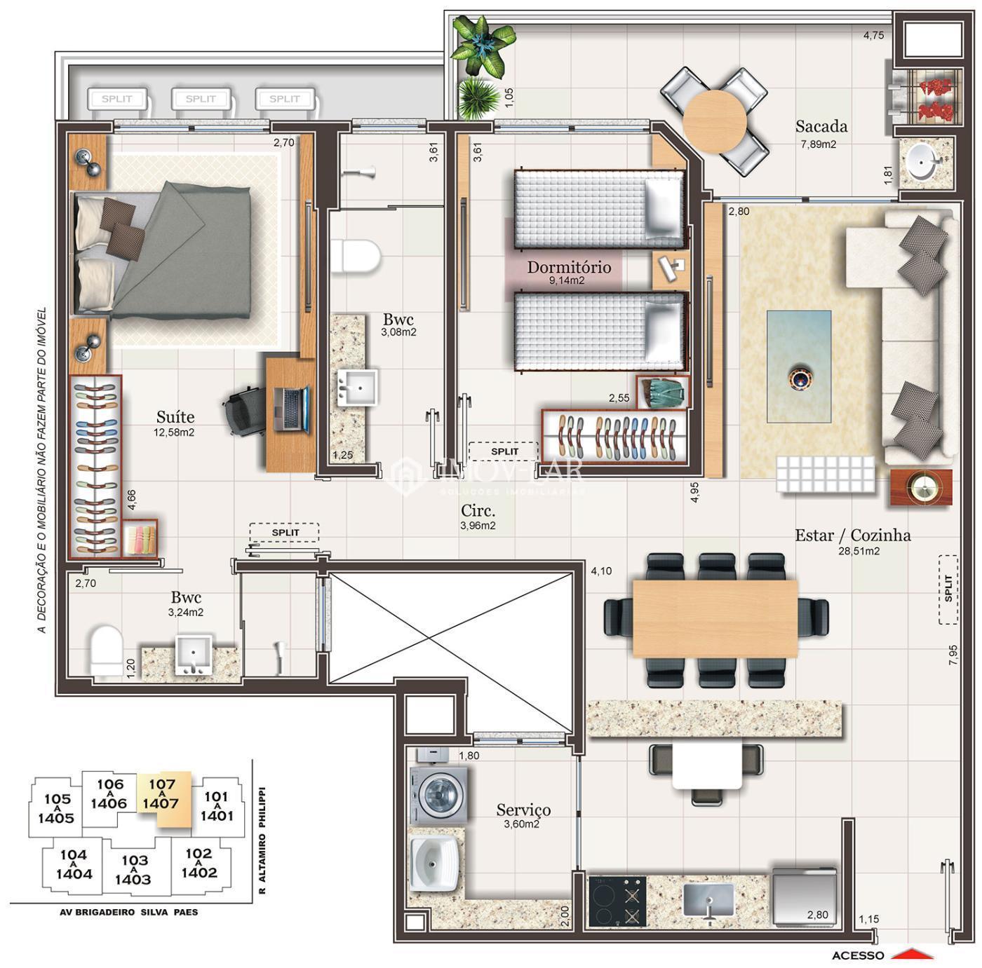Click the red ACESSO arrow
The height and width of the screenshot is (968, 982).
pyautogui.click(x=915, y=954)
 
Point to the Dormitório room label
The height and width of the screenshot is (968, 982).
pyautogui.click(x=569, y=267)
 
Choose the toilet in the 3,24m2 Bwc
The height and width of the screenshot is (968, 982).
pyautogui.click(x=106, y=653)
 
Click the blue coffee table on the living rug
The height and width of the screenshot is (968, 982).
pyautogui.click(x=799, y=367)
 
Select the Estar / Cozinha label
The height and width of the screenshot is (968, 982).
pyautogui.click(x=852, y=535)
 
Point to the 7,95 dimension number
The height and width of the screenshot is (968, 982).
pyautogui.click(x=953, y=655)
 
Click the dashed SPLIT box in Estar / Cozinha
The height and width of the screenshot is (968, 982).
pyautogui.click(x=948, y=589)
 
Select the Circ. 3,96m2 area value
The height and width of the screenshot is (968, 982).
pyautogui.click(x=478, y=525)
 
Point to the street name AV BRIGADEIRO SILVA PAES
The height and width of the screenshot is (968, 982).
pyautogui.click(x=129, y=912)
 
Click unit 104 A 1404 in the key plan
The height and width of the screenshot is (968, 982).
pyautogui.click(x=74, y=864)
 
